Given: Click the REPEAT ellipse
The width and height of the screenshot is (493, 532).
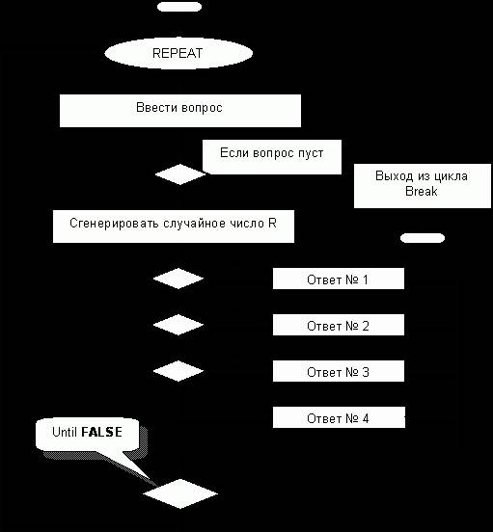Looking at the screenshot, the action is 178,53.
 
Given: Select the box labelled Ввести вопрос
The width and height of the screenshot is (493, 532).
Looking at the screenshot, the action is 180,111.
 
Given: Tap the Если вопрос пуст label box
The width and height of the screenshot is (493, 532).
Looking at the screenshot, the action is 272,157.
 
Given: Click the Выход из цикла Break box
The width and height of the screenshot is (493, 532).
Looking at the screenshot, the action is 423,186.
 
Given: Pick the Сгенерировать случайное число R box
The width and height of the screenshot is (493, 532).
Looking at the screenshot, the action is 174,226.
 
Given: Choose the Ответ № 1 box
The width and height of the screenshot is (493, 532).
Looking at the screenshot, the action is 339,279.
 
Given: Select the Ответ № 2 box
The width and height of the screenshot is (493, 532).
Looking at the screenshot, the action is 339,325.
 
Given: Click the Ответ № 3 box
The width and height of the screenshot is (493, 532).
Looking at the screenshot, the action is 339,371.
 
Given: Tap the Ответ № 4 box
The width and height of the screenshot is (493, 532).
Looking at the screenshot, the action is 339,417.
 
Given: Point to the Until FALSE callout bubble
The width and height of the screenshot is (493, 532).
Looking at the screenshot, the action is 88,435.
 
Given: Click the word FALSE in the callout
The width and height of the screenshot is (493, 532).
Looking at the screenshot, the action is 101,432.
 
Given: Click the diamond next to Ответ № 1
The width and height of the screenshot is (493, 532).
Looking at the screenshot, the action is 178,279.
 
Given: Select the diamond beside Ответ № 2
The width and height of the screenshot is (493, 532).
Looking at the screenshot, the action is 178,325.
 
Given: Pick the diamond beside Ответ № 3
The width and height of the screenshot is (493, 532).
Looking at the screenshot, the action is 178,371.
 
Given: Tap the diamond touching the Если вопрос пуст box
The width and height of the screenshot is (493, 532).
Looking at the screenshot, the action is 180,174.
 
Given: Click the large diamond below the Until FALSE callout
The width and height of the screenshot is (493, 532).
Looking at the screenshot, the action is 180,493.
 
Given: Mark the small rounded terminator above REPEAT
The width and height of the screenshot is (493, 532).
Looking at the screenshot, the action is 179,7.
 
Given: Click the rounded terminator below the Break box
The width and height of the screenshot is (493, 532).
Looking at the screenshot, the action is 423,238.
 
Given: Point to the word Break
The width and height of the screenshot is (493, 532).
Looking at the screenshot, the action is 422,192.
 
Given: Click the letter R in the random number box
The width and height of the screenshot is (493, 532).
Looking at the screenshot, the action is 272,223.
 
